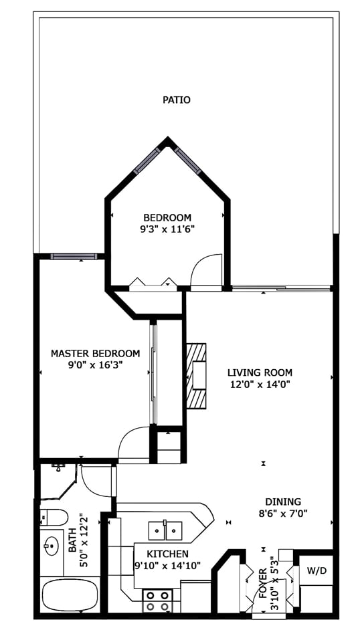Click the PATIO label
tap(177, 100)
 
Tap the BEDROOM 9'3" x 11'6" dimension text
tap(167, 229)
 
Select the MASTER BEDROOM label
tap(96, 353)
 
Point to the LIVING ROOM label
tap(260, 372)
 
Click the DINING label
tap(283, 502)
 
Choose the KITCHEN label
tap(168, 554)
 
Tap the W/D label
tap(317, 571)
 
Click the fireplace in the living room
tap(196, 376)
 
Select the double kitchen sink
tap(165, 530)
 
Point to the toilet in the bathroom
tap(54, 517)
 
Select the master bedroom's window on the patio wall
tap(74, 257)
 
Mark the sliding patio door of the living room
tap(281, 289)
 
